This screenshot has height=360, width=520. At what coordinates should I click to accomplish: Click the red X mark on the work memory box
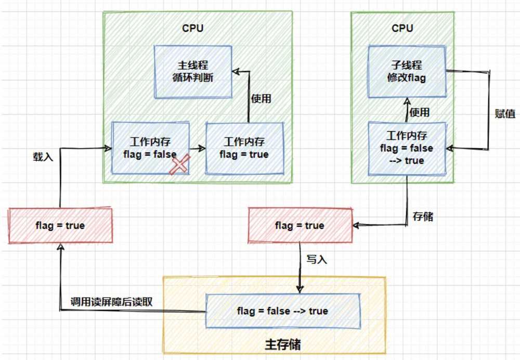[179, 165]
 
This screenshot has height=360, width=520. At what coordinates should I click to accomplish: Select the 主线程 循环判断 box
[192, 72]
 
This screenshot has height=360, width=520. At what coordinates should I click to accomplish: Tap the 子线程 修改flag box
[407, 72]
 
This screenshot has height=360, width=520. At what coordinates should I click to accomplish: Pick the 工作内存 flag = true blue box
[244, 148]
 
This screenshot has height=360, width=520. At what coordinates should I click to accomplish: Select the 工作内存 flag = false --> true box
[407, 148]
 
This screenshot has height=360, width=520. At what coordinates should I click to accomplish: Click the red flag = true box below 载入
[60, 225]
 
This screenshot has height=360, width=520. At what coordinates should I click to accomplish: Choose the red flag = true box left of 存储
[300, 225]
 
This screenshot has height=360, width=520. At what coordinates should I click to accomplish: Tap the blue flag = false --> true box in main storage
[283, 311]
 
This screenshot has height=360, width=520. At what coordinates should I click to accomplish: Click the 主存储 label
[283, 345]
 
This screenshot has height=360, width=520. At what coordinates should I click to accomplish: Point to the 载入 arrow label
[43, 156]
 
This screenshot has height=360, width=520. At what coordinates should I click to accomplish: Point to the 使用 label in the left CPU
[261, 98]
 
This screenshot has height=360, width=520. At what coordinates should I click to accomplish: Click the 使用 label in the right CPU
[419, 112]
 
